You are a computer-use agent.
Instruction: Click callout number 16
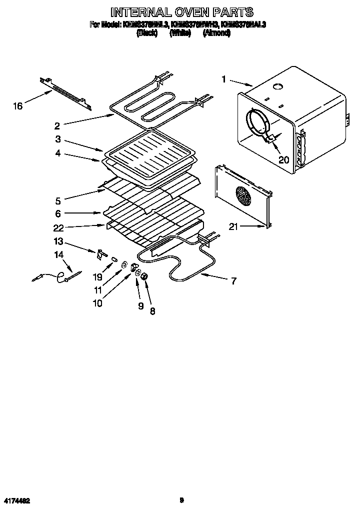[x=18, y=106]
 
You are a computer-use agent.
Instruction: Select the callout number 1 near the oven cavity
[x=224, y=78]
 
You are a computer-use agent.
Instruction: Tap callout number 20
[x=283, y=160]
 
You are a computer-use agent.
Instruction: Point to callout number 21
[x=233, y=226]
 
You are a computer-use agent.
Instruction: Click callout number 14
[x=59, y=254]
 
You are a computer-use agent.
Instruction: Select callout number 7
[x=233, y=280]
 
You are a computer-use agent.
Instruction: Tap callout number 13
[x=59, y=241]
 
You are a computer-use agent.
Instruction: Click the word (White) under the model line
[x=180, y=33]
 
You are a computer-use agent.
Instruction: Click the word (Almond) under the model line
[x=216, y=33]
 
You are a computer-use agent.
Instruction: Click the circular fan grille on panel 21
[x=243, y=196]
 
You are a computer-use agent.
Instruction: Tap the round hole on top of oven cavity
[x=278, y=87]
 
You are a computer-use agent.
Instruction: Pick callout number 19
[x=97, y=276]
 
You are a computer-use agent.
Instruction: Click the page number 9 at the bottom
[x=182, y=499]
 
